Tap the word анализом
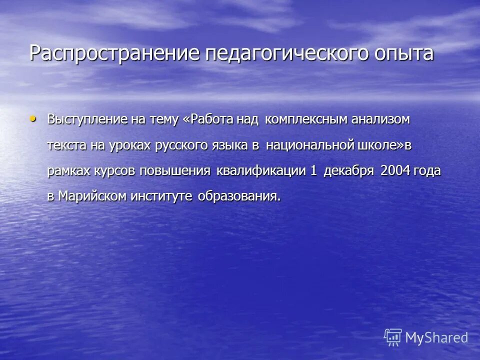pos(381,120)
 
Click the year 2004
pos(395,170)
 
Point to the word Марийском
pos(92,195)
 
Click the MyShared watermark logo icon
pos(393,337)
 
